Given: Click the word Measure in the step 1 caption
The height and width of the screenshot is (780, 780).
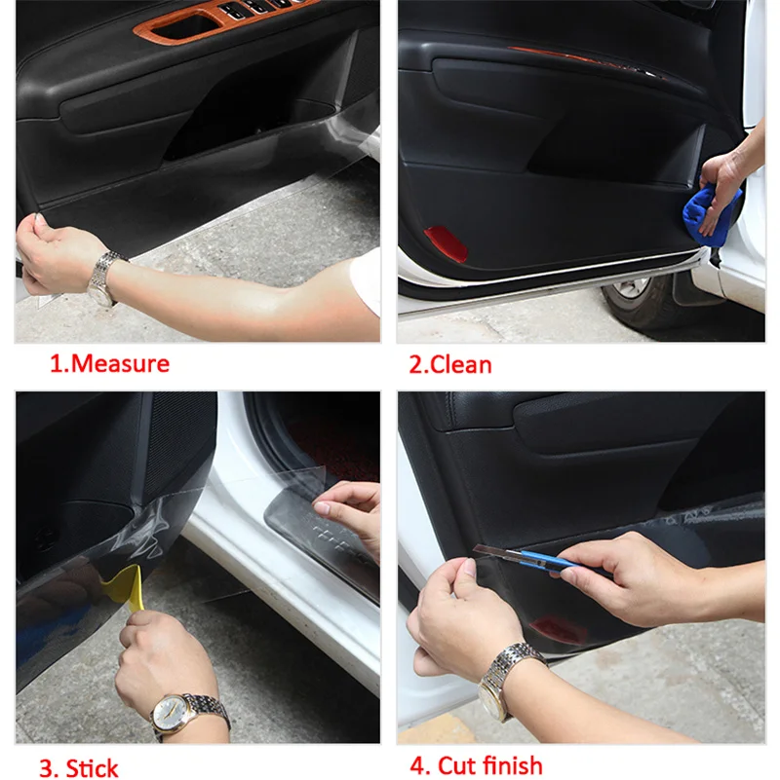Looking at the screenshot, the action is pyautogui.click(x=120, y=363).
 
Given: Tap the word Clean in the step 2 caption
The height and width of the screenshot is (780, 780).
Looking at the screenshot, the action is pyautogui.click(x=460, y=364).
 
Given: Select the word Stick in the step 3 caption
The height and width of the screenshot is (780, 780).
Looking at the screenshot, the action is pyautogui.click(x=93, y=768).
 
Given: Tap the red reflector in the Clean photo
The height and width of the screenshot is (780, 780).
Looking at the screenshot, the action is pyautogui.click(x=446, y=242).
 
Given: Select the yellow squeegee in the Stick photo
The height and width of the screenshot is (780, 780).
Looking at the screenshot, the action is pyautogui.click(x=129, y=588).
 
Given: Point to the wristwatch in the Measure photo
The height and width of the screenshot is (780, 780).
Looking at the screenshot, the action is pyautogui.click(x=105, y=279).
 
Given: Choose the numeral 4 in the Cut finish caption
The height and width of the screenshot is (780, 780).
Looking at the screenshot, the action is pyautogui.click(x=417, y=765).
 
